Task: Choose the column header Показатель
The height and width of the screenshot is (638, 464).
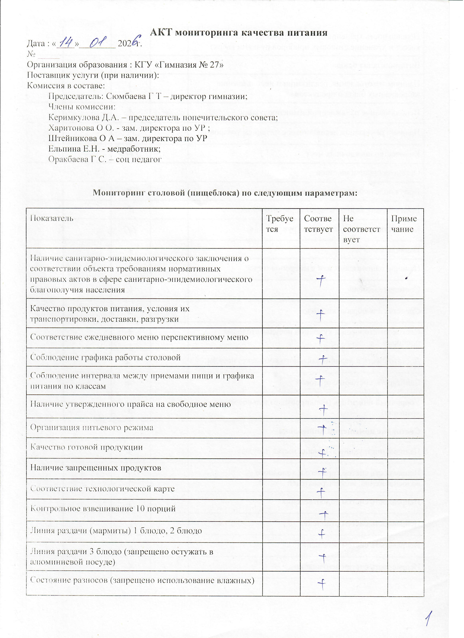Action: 51,218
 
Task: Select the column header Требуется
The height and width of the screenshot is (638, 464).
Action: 279,224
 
